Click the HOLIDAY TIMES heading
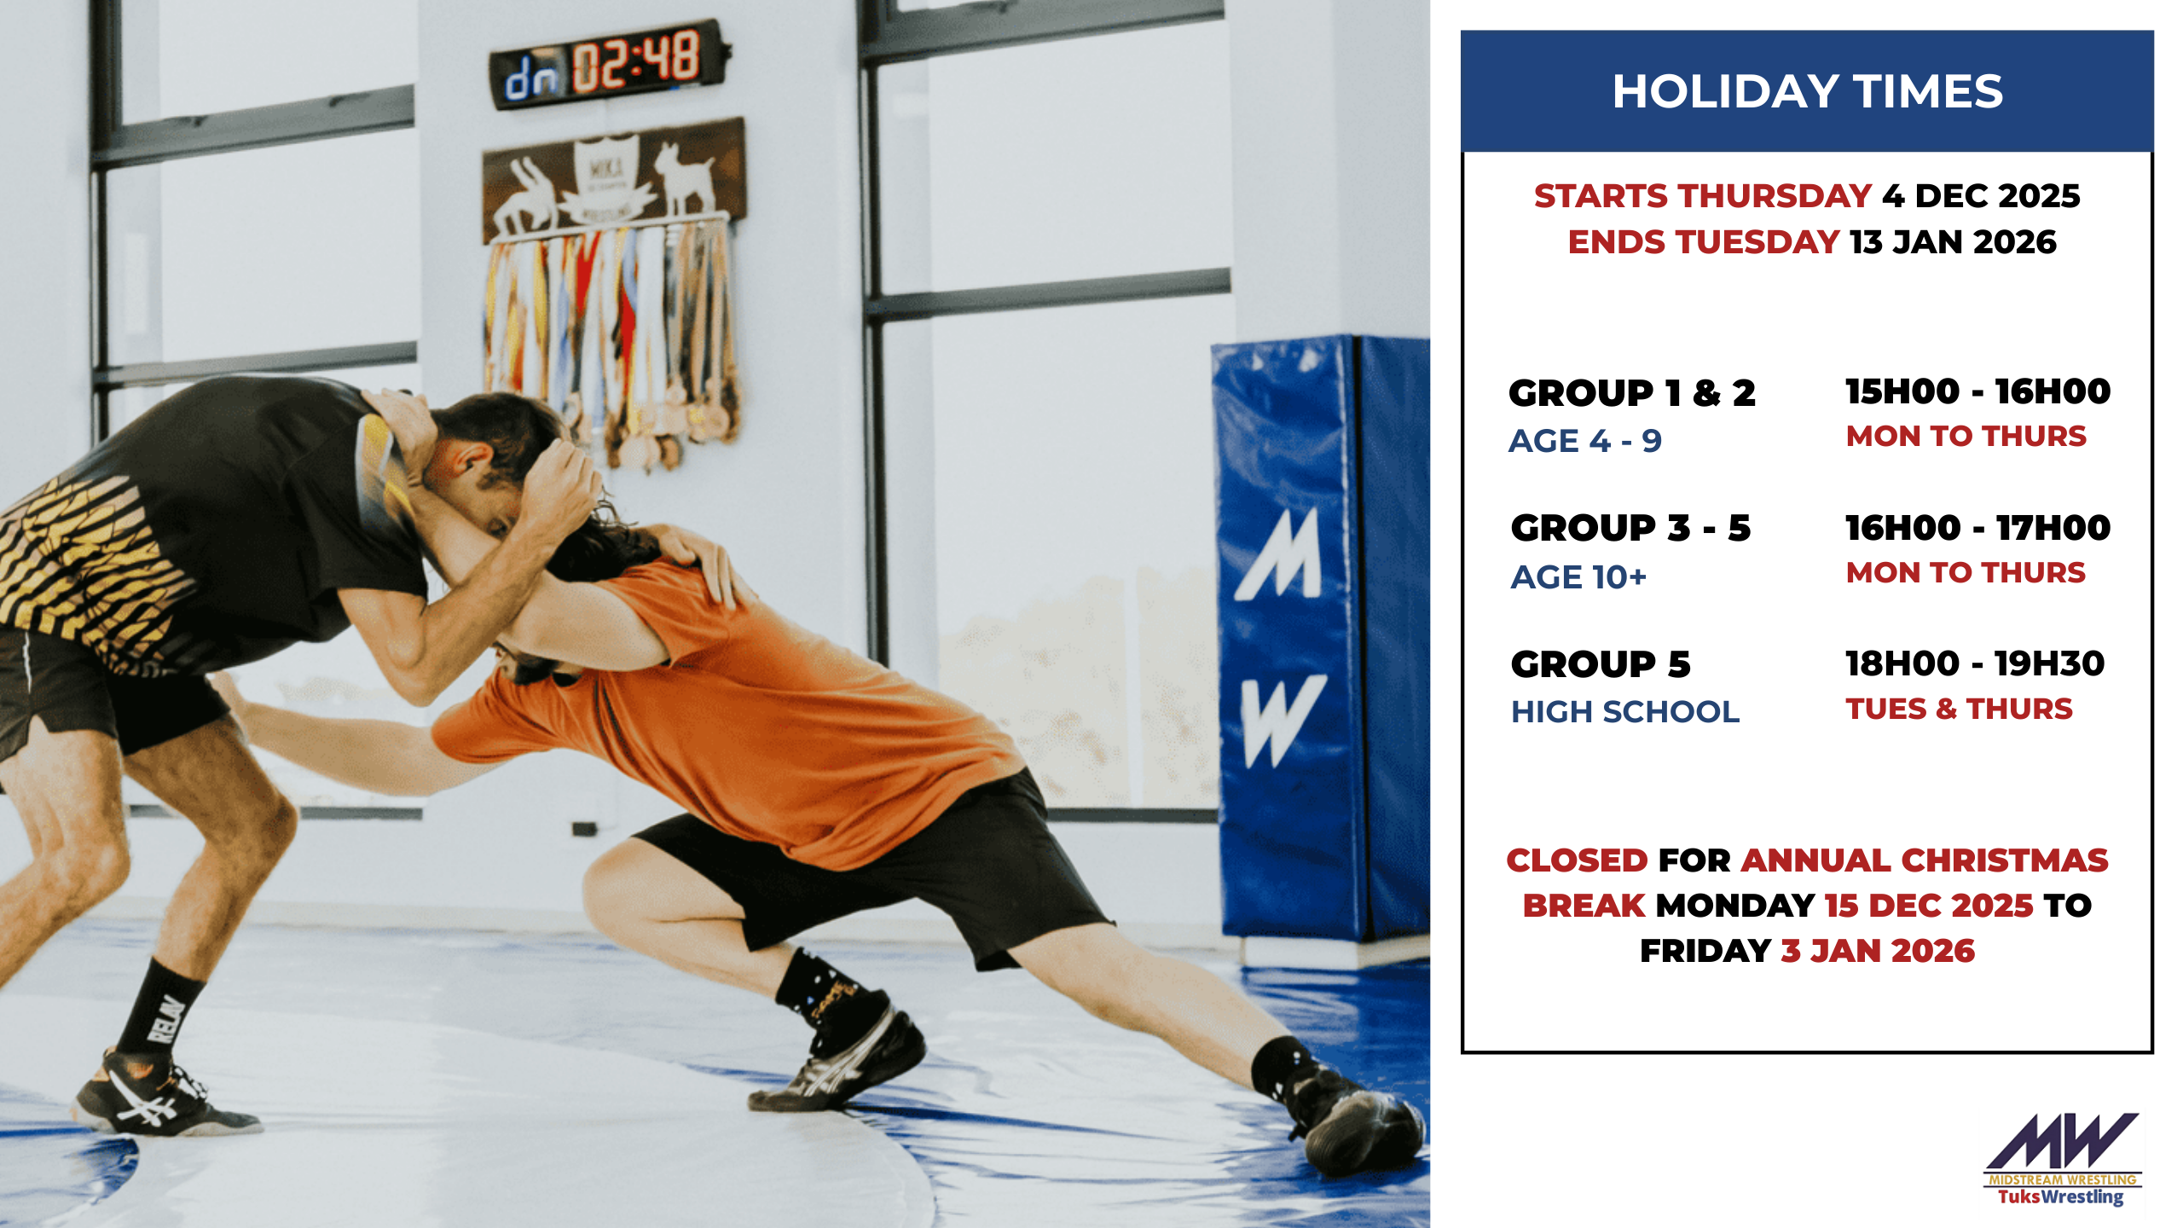click(1807, 91)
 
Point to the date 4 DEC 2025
click(1981, 196)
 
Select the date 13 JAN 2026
click(1953, 242)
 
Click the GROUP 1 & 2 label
click(1632, 393)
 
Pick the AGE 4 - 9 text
click(1585, 441)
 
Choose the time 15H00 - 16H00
click(1978, 391)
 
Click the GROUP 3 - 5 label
click(1630, 528)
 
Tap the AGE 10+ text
click(1578, 577)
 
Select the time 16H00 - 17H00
click(1978, 528)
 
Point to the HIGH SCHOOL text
click(1625, 712)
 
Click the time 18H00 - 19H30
click(1975, 663)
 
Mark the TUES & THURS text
click(1960, 709)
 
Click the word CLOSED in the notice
click(1578, 860)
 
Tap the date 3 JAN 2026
click(1878, 951)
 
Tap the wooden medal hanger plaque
click(613, 180)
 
